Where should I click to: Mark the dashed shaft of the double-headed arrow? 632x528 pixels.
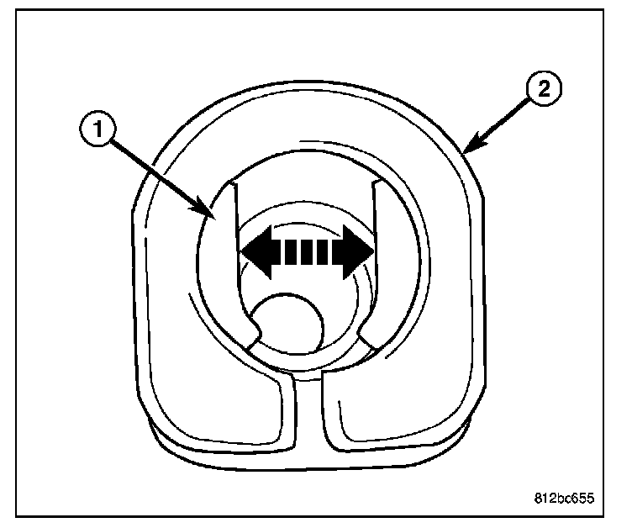tap(308, 251)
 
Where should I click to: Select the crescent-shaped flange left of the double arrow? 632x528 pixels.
tap(214, 269)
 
